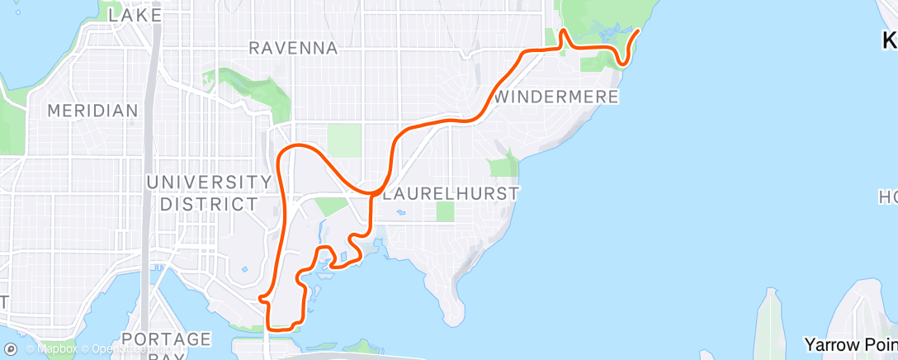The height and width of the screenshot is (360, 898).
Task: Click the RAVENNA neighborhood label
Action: click(x=293, y=49)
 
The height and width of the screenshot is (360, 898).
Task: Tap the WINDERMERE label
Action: click(x=557, y=97)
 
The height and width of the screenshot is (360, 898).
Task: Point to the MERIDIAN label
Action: click(x=92, y=111)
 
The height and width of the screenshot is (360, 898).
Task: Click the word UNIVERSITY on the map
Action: click(x=209, y=182)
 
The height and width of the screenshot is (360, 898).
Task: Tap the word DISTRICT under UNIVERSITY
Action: click(x=209, y=203)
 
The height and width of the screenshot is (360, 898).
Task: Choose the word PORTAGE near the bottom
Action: click(x=165, y=339)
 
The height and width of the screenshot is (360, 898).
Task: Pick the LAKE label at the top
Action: click(x=135, y=15)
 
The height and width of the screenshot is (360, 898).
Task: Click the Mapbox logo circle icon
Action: click(x=11, y=349)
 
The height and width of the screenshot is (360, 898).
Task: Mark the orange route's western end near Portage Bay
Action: click(x=260, y=297)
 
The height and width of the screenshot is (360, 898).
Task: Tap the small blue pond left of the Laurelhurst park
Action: click(x=401, y=212)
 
